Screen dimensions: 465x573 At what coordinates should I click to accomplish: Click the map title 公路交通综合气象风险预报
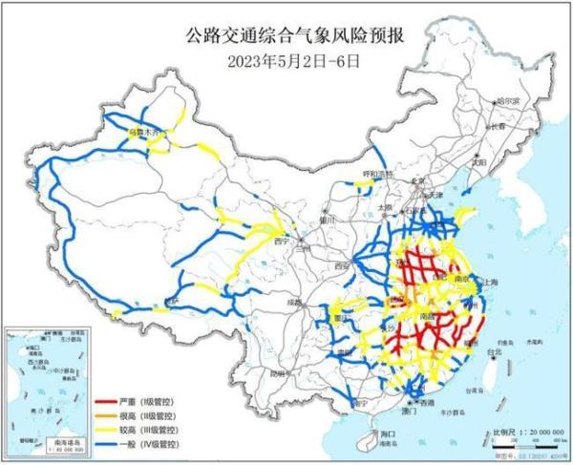point(286,37)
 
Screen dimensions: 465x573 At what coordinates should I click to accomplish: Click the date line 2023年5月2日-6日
point(286,60)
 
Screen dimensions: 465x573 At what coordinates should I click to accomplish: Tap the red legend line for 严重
point(107,394)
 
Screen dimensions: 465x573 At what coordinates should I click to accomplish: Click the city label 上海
point(495,283)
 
